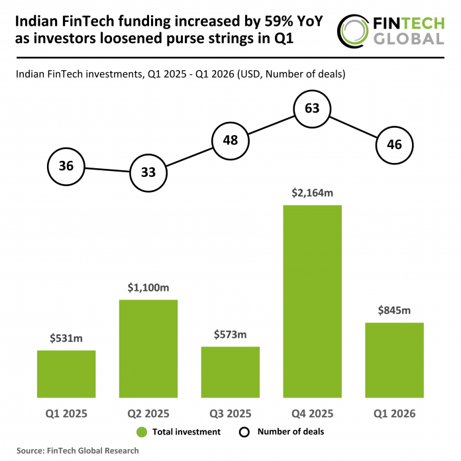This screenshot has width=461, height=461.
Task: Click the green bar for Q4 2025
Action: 312,301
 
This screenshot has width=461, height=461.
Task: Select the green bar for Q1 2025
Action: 66,374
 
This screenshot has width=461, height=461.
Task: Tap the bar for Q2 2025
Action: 148,348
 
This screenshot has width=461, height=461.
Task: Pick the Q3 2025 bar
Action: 230,372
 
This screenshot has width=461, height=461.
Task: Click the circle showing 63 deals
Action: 312,109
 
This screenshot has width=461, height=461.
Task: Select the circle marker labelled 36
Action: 66,166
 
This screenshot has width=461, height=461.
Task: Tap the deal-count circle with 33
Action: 148,173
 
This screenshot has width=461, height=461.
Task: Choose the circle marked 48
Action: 230,140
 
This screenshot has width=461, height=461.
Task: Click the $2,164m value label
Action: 312,193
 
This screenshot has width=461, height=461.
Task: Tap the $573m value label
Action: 230,334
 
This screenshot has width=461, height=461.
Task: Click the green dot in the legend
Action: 140,432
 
